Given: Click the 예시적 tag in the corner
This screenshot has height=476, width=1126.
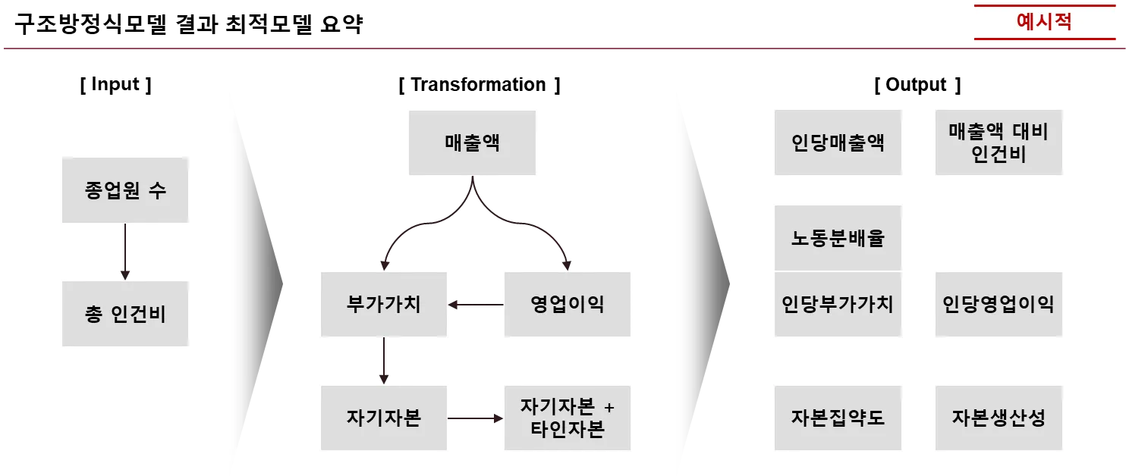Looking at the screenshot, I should coord(1043,21).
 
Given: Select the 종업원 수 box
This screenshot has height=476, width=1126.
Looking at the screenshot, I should coord(127,189).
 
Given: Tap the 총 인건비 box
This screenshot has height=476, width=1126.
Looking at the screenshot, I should coord(127,315).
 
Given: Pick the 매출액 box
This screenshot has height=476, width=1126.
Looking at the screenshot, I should coord(473,142).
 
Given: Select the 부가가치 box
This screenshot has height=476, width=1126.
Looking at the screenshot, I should coord(384,303).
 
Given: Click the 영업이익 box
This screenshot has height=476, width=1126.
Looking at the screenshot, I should coord(568,303).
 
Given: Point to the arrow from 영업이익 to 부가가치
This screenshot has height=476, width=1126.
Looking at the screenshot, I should coord(475,305).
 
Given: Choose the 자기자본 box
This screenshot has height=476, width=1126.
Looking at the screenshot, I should coord(384,418).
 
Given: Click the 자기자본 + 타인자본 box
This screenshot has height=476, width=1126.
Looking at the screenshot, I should coord(568,418).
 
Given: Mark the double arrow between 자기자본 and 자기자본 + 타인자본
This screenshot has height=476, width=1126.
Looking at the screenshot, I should coord(475,418).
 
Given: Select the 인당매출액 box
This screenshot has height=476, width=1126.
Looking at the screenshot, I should coord(838,142).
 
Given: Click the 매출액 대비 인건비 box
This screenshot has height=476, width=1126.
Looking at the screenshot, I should coord(998,142).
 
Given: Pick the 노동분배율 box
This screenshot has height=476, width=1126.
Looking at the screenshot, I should coord(838,236).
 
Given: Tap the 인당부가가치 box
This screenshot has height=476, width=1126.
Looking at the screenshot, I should coord(838,304).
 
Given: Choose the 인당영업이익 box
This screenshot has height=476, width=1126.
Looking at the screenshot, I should coord(998,304).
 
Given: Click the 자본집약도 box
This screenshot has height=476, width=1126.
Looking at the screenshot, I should coord(838,418).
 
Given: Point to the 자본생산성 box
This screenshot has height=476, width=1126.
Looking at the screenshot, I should coord(998,418).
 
